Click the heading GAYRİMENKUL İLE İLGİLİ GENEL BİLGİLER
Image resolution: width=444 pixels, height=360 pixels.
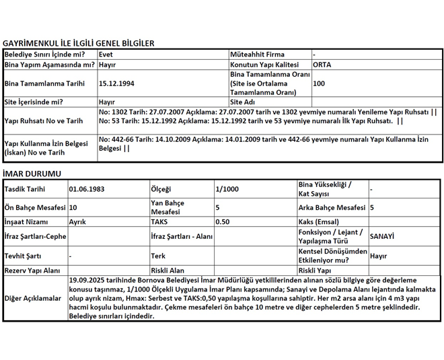79,43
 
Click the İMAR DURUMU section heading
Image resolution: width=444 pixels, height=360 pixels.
32,174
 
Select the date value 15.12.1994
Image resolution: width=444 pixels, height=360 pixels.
116,83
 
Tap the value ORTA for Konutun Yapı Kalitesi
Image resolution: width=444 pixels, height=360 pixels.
322,65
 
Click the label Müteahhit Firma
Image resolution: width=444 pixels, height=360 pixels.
257,55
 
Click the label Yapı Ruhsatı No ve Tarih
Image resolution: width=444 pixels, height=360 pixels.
44,121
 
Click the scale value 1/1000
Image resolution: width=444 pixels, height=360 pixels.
227,190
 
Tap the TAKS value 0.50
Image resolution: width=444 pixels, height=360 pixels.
223,221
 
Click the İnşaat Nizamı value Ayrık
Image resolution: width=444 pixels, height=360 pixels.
77,221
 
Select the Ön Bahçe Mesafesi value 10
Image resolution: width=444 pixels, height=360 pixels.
73,208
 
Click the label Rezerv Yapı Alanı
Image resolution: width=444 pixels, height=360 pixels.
32,271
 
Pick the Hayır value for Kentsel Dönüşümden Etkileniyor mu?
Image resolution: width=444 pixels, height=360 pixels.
379,256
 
